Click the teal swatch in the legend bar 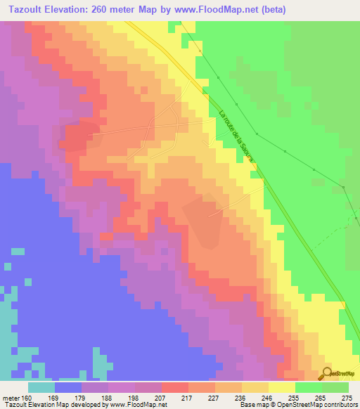click(x=41, y=387)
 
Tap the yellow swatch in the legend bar click(x=281, y=387)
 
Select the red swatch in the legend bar click(x=174, y=387)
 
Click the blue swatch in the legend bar click(x=68, y=387)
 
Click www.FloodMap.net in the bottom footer click(x=137, y=405)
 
